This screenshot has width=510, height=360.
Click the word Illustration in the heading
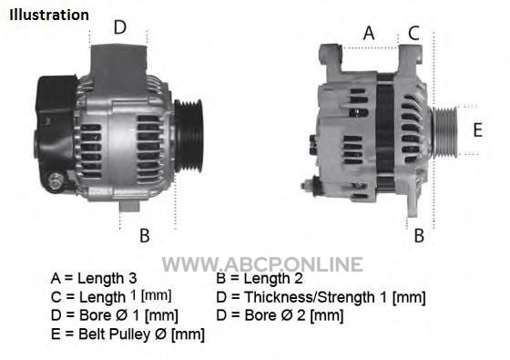(x=49, y=15)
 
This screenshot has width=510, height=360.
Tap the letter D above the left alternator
(x=119, y=27)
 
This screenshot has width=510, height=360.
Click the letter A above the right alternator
(x=369, y=33)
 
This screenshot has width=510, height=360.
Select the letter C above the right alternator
(x=413, y=33)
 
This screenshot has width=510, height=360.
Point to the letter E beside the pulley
(x=477, y=129)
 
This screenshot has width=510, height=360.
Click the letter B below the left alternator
(x=145, y=235)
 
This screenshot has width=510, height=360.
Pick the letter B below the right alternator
(x=419, y=235)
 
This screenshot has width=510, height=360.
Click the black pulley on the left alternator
(x=189, y=136)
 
